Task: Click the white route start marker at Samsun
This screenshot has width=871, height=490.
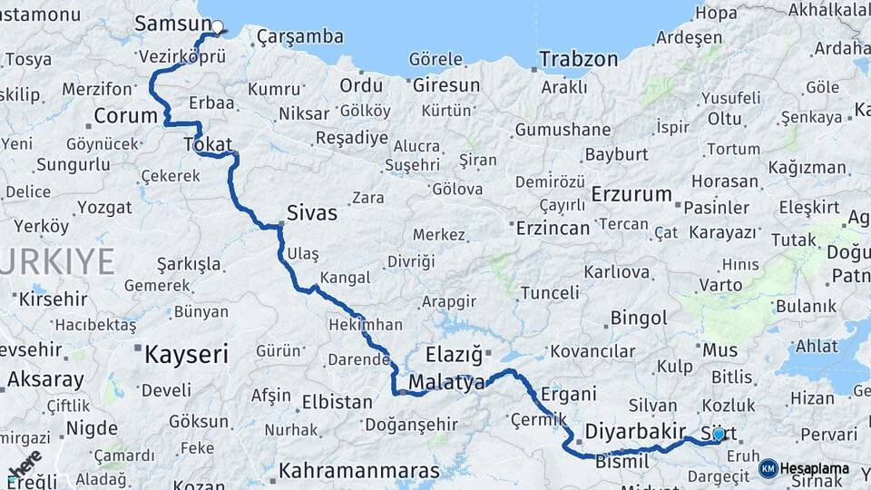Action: pos(218,27)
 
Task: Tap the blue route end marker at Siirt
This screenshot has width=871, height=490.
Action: pos(719,435)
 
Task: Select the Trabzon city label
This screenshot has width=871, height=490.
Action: pos(578,60)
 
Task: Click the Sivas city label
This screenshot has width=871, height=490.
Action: pos(311,213)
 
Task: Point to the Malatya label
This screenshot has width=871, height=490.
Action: pos(446,383)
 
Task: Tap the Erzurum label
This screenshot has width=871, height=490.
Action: pos(631,195)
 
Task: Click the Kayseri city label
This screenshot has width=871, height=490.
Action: pos(186,354)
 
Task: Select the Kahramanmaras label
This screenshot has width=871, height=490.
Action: pos(359,471)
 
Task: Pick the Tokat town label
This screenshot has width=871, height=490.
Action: pos(208,144)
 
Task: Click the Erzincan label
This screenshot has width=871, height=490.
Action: pos(553,228)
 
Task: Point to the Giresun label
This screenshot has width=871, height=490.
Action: pos(446,85)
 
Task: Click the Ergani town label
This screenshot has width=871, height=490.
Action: pos(568,394)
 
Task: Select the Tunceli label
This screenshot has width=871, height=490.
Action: pos(550,292)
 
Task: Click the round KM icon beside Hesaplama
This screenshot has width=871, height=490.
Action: pos(768,468)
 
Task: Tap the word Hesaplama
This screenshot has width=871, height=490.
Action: pos(814,469)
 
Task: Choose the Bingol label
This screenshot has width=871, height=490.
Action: pos(639,318)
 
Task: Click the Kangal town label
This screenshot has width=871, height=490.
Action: pos(345,278)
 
